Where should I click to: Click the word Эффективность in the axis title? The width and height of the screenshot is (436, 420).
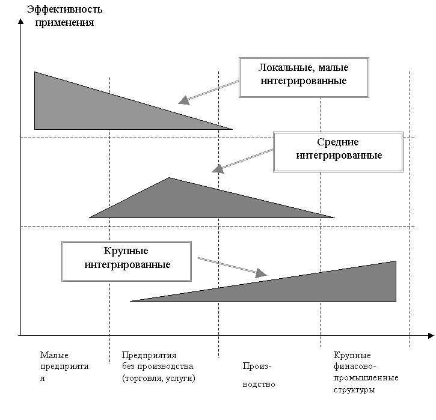[x=64, y=10]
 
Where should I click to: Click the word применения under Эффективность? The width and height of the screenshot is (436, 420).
[x=64, y=23]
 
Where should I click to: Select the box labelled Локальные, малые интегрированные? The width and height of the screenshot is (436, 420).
[x=304, y=78]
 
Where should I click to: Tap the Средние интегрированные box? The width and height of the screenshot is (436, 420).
[x=338, y=152]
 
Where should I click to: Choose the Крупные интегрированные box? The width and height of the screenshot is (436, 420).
[x=126, y=261]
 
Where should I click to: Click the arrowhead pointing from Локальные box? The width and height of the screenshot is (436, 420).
[x=184, y=100]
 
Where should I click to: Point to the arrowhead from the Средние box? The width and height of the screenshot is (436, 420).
[x=218, y=169]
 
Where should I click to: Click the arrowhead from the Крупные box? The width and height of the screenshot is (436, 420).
[x=261, y=273]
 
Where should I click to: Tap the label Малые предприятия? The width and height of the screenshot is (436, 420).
[x=64, y=367]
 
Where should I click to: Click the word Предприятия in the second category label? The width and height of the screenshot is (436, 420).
[x=149, y=355]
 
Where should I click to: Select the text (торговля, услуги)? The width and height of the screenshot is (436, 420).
[x=159, y=379]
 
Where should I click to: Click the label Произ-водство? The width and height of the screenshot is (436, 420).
[x=259, y=375]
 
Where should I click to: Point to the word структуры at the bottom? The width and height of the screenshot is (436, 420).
[x=354, y=390]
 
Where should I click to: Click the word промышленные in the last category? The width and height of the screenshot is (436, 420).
[x=366, y=378]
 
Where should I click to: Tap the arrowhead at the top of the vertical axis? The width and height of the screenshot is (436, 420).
[x=21, y=22]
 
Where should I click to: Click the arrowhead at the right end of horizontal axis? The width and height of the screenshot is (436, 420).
[x=431, y=336]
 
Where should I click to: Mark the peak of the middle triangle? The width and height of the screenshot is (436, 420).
[x=169, y=177]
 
